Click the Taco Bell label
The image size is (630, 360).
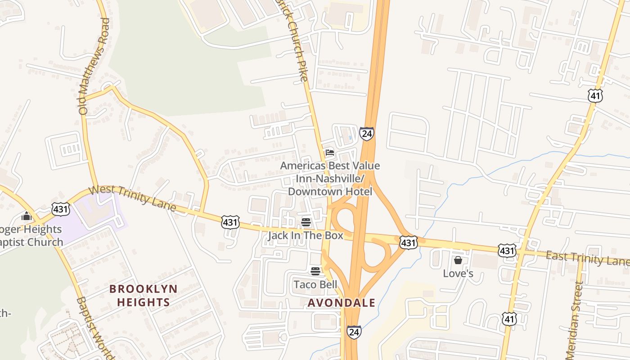point(315,284)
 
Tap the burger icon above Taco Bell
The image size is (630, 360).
point(315,271)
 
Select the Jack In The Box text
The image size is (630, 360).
point(306,235)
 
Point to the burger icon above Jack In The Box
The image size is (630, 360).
point(306,222)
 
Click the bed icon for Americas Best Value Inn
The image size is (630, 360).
point(330,153)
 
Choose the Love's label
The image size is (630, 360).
point(458,273)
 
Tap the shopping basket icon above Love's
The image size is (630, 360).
point(458,260)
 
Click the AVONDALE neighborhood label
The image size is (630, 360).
point(341,303)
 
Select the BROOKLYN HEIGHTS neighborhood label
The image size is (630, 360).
point(144,295)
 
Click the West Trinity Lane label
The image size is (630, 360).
point(132,197)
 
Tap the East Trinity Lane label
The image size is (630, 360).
point(587,259)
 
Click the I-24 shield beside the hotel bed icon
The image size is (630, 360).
point(366,134)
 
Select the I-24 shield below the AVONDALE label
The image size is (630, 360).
point(354,332)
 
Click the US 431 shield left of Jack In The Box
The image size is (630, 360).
point(230,222)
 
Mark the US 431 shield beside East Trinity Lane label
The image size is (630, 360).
point(507,251)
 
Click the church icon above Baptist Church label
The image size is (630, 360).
point(27,216)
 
